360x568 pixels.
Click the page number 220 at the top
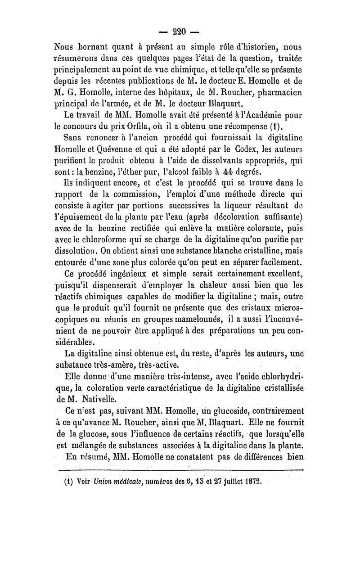coord(180,32)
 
